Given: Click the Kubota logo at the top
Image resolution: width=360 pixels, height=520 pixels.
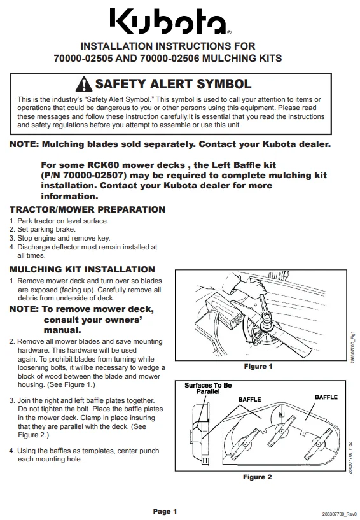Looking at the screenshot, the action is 170,22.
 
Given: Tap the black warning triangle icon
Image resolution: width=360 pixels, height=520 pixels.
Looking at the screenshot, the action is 84,84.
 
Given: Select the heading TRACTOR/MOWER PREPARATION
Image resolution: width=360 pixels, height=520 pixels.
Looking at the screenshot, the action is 88,209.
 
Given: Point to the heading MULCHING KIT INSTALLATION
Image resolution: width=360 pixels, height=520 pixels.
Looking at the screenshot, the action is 82,269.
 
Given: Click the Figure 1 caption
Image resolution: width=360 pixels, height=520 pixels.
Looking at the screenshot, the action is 258,367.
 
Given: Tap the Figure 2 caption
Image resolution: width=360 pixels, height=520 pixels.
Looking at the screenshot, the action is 258,477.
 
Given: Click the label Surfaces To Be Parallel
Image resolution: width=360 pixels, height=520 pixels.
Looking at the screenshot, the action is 208,388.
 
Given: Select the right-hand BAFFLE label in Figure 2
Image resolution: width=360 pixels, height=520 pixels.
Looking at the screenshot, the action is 326,397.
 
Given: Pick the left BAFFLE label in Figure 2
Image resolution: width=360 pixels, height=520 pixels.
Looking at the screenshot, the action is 249,399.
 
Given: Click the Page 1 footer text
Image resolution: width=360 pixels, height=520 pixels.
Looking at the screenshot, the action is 165,511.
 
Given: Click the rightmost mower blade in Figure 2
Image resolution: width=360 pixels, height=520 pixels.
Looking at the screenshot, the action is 317,445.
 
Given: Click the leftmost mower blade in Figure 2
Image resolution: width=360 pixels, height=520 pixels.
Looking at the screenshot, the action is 245,444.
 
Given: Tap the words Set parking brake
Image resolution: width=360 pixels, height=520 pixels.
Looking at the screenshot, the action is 46,229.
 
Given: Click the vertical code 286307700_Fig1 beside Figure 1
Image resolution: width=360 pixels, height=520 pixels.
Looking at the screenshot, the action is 352,347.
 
